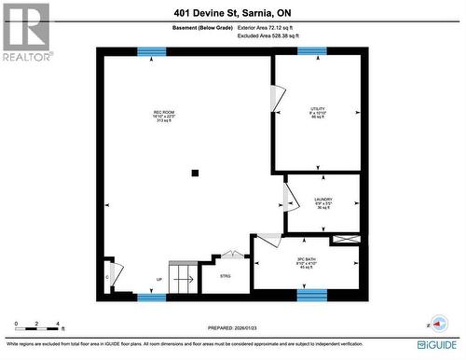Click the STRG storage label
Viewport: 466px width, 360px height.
[226, 276]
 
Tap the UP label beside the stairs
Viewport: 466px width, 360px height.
[159, 279]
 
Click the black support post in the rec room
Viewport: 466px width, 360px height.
[195, 173]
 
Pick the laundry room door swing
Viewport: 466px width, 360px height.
[290, 198]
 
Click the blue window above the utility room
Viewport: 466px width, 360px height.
[312, 51]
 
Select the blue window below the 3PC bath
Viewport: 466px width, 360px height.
[312, 296]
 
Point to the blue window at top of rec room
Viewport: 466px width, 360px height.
[151, 51]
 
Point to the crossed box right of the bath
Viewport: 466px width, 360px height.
[345, 240]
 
